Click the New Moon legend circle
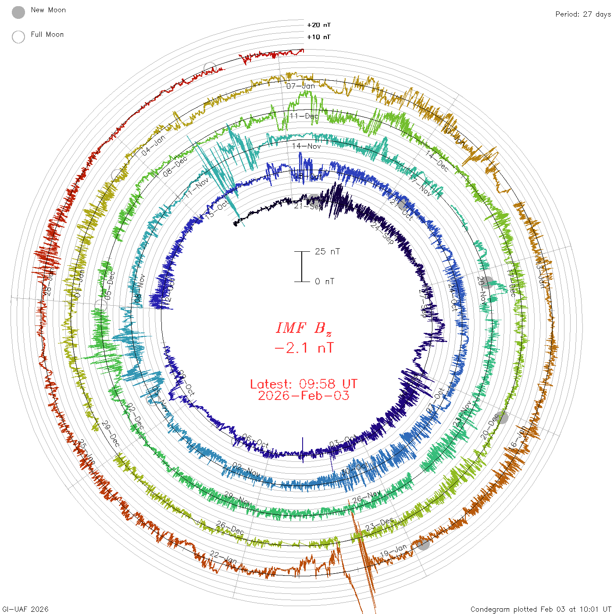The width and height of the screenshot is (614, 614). [x=18, y=12]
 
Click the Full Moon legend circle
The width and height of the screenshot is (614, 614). [x=18, y=37]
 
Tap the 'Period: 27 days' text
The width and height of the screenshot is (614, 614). [x=583, y=14]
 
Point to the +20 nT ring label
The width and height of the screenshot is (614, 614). [x=319, y=25]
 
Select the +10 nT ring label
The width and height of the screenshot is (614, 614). [x=319, y=37]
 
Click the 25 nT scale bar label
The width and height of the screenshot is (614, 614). [x=327, y=252]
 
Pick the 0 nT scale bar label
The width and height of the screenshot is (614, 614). [x=325, y=282]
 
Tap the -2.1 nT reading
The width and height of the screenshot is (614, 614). [x=304, y=348]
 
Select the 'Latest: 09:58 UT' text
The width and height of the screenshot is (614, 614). [x=303, y=384]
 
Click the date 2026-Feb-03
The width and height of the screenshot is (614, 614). [x=303, y=396]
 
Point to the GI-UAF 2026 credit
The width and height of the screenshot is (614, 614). [x=25, y=609]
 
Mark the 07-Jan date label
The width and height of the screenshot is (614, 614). [x=301, y=86]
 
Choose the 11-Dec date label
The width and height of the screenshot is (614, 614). [x=304, y=116]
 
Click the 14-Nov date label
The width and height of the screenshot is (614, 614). [x=307, y=146]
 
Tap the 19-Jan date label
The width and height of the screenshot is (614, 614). [x=394, y=551]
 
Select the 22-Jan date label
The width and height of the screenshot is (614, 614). [x=223, y=558]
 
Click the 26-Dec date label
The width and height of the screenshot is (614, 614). [x=230, y=528]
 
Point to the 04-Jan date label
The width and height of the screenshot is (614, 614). [x=153, y=146]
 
